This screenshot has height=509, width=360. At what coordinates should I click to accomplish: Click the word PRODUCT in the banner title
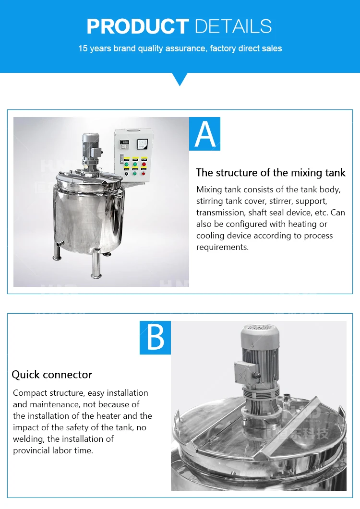[x=138, y=26]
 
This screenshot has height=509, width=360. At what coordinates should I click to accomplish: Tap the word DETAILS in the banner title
[x=233, y=26]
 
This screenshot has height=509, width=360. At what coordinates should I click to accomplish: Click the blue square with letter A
[x=204, y=134]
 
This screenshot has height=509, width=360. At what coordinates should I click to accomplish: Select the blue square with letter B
[x=155, y=338]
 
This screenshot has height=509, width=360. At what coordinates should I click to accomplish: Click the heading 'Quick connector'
[x=52, y=374]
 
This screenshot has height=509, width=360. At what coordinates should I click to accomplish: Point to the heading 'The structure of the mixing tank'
[x=271, y=173]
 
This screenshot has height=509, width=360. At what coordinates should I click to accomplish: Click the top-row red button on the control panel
[x=144, y=164]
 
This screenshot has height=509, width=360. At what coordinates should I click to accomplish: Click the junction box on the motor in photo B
[x=245, y=371]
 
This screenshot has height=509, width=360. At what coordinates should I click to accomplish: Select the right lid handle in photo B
[x=340, y=413]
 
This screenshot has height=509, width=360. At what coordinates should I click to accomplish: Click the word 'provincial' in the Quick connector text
[x=34, y=450]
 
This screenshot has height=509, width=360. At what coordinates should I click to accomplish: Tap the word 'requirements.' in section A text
[x=223, y=247]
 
